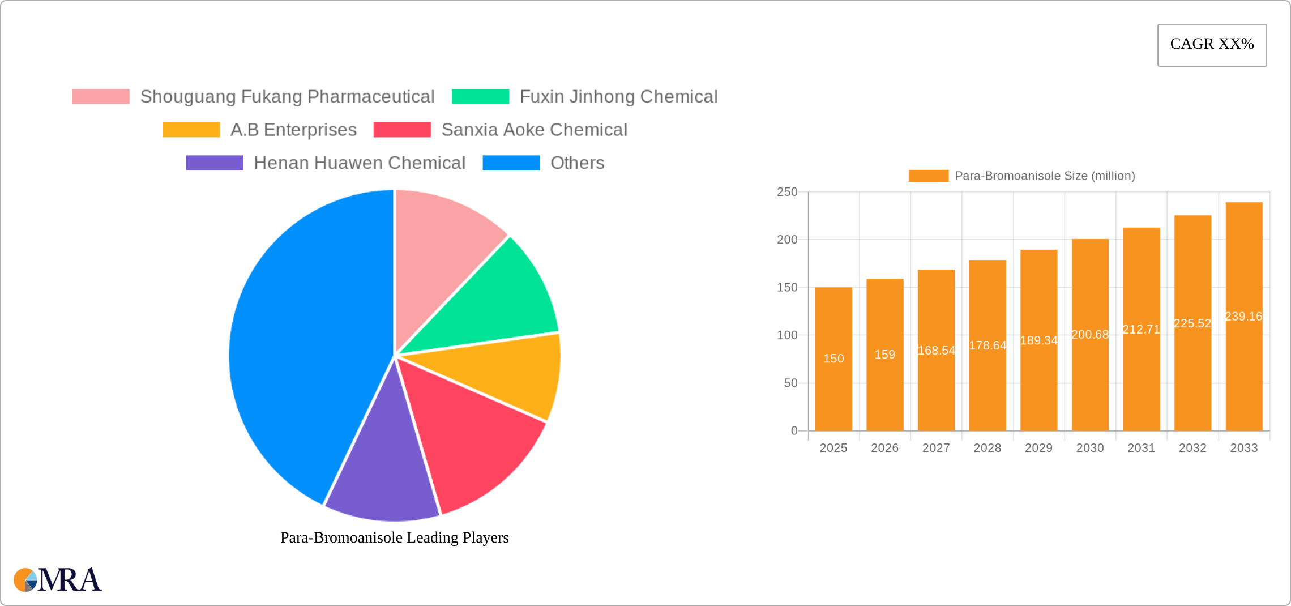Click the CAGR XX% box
coord(1212,45)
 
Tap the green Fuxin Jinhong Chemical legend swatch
coord(480,97)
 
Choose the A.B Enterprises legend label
coord(293,130)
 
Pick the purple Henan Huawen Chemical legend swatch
coord(215,163)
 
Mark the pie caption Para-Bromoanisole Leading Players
coord(395,537)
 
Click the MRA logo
coord(58,580)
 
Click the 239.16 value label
coord(1243,317)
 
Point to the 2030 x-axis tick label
coord(1090,448)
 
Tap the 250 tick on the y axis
coord(787,192)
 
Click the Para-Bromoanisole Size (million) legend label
coord(1045,176)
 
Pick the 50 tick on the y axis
coord(790,383)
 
